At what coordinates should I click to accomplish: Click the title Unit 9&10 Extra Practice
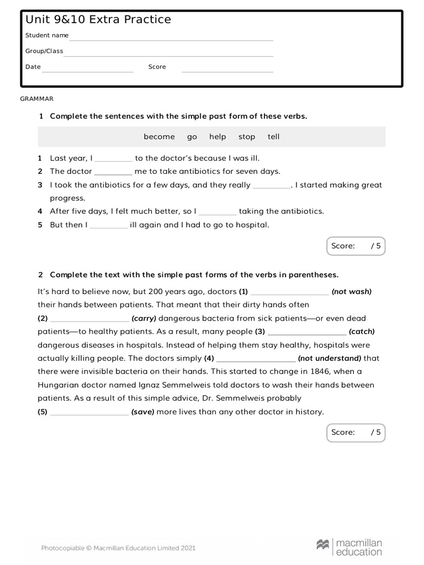[98, 20]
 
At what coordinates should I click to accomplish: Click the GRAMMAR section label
[37, 99]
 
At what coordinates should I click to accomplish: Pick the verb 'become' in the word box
[159, 137]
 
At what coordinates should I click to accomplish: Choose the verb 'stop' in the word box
[247, 137]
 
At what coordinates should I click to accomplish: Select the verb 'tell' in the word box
[273, 137]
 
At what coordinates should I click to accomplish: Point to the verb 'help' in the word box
[218, 137]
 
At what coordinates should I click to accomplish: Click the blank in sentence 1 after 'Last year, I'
[114, 159]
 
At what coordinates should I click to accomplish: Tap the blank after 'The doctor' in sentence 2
[113, 173]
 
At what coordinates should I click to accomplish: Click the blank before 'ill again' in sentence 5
[109, 226]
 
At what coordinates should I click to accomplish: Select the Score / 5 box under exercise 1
[356, 246]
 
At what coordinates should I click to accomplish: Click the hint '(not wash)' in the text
[351, 292]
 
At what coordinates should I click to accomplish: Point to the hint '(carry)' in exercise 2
[144, 318]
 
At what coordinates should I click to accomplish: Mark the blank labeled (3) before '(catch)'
[306, 333]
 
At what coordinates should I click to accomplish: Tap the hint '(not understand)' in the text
[329, 359]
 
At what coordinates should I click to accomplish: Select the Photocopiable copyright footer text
[118, 548]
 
